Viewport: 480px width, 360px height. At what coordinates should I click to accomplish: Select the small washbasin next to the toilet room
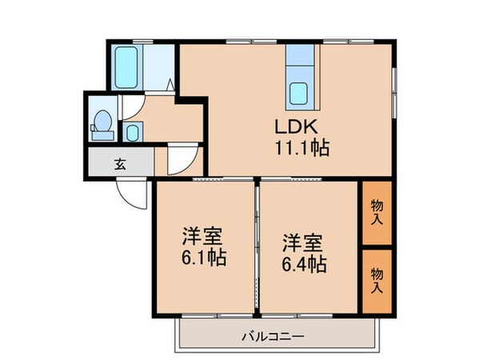coord(133,130)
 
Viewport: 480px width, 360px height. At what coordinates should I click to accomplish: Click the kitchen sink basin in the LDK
coord(300,93)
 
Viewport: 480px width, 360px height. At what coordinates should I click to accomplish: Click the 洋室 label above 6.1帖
coord(202,237)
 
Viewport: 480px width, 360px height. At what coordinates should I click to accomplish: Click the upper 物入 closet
coord(376,212)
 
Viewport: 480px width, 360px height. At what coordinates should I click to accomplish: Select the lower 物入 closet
coord(376,280)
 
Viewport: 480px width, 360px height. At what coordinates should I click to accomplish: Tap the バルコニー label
coord(272,337)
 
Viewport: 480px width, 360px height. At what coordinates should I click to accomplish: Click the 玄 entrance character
coord(120,166)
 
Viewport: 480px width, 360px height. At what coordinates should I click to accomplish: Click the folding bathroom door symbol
coord(171,82)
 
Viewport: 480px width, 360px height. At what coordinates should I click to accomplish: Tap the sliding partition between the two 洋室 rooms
coord(257,248)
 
